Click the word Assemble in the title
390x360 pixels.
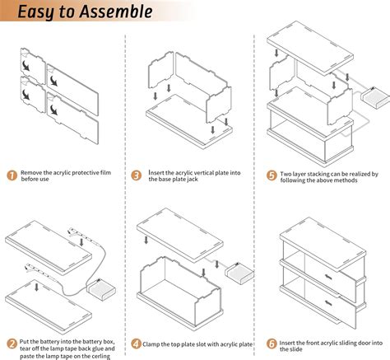(116, 12)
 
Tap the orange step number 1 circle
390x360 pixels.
(12, 175)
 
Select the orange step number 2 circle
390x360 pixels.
(12, 344)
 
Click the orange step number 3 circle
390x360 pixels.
(137, 175)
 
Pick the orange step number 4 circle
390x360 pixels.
(137, 344)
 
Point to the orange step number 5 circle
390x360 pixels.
(272, 175)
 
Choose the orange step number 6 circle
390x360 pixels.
(272, 344)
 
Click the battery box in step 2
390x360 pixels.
(101, 290)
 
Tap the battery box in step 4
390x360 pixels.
(239, 274)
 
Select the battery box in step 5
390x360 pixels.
(375, 98)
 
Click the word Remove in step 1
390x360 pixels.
(31, 173)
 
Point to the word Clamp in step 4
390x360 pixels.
(151, 344)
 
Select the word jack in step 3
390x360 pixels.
(193, 180)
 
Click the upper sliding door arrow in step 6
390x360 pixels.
(328, 277)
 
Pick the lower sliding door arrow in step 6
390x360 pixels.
(328, 302)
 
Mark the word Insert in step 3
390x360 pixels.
(156, 173)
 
